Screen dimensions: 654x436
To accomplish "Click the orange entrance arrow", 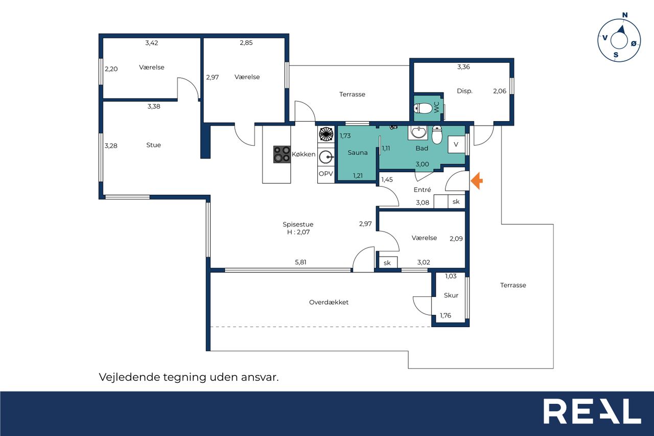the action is (x=477, y=181).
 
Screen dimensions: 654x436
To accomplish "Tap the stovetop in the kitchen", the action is (x=282, y=154).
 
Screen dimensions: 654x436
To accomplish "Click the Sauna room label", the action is (x=357, y=152).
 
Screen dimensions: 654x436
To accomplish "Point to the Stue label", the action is (x=153, y=145).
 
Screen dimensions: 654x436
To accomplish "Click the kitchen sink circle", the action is (x=325, y=157).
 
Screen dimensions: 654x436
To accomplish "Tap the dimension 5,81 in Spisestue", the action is (x=300, y=262).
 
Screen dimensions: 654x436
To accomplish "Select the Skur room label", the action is (x=451, y=295).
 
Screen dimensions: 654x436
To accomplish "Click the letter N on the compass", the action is (x=624, y=15).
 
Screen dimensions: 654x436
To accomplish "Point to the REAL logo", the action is (x=592, y=411).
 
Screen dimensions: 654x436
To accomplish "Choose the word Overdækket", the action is (x=329, y=302).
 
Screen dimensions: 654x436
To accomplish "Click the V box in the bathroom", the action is (x=456, y=144).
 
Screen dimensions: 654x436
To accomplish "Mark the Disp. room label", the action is (x=464, y=91).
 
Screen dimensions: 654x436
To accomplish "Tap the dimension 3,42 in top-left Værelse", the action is (x=152, y=43).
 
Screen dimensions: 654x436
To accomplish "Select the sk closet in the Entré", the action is (x=456, y=201).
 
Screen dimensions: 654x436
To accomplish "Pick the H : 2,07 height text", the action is (x=298, y=232).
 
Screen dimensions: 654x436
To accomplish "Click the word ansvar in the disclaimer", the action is (x=260, y=377).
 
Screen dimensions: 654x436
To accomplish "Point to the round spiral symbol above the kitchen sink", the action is (x=326, y=134).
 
